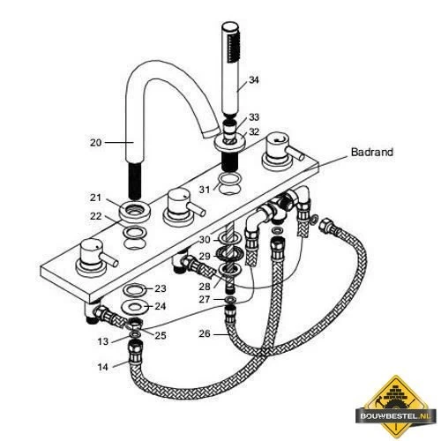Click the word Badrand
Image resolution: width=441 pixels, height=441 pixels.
[x=372, y=152]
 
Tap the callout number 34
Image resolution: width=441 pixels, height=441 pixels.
[x=254, y=79]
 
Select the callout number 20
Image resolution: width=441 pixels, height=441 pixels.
[x=95, y=143]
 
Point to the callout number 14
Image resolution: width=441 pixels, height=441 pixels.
[x=102, y=367]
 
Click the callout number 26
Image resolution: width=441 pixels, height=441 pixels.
[x=205, y=333]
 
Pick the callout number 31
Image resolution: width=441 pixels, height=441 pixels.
[x=205, y=190]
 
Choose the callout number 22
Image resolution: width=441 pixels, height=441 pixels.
[x=96, y=216]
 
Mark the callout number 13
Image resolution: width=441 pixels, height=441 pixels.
[x=103, y=341]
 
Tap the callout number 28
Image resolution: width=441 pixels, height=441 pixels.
[x=205, y=286]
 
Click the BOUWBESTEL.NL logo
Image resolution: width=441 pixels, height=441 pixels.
[x=396, y=407]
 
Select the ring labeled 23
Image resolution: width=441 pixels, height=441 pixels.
[x=135, y=290]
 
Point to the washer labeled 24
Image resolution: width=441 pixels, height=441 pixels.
[x=135, y=307]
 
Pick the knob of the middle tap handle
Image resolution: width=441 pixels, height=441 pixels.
[x=178, y=202]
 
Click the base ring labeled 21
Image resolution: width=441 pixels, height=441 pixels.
[x=135, y=211]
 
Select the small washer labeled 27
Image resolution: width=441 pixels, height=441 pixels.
[x=230, y=300]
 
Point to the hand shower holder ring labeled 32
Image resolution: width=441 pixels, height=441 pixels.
[x=229, y=142]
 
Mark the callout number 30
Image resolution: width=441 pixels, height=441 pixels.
[x=205, y=240]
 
